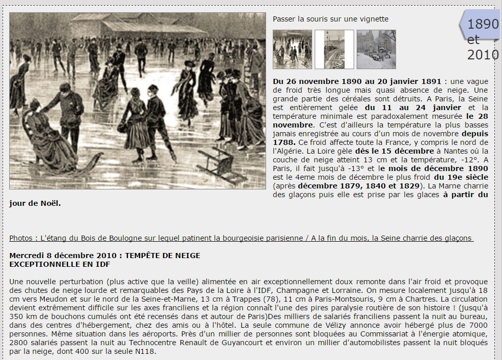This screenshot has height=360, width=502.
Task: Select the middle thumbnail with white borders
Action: pyautogui.click(x=334, y=49)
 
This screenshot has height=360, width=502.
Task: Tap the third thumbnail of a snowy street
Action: pyautogui.click(x=376, y=49)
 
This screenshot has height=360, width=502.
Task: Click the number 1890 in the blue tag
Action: pyautogui.click(x=483, y=24)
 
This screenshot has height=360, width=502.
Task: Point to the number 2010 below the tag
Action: pyautogui.click(x=483, y=54)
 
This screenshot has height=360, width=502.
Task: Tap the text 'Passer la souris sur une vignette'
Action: pyautogui.click(x=331, y=19)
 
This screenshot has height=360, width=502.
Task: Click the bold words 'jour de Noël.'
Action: pyautogui.click(x=35, y=203)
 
